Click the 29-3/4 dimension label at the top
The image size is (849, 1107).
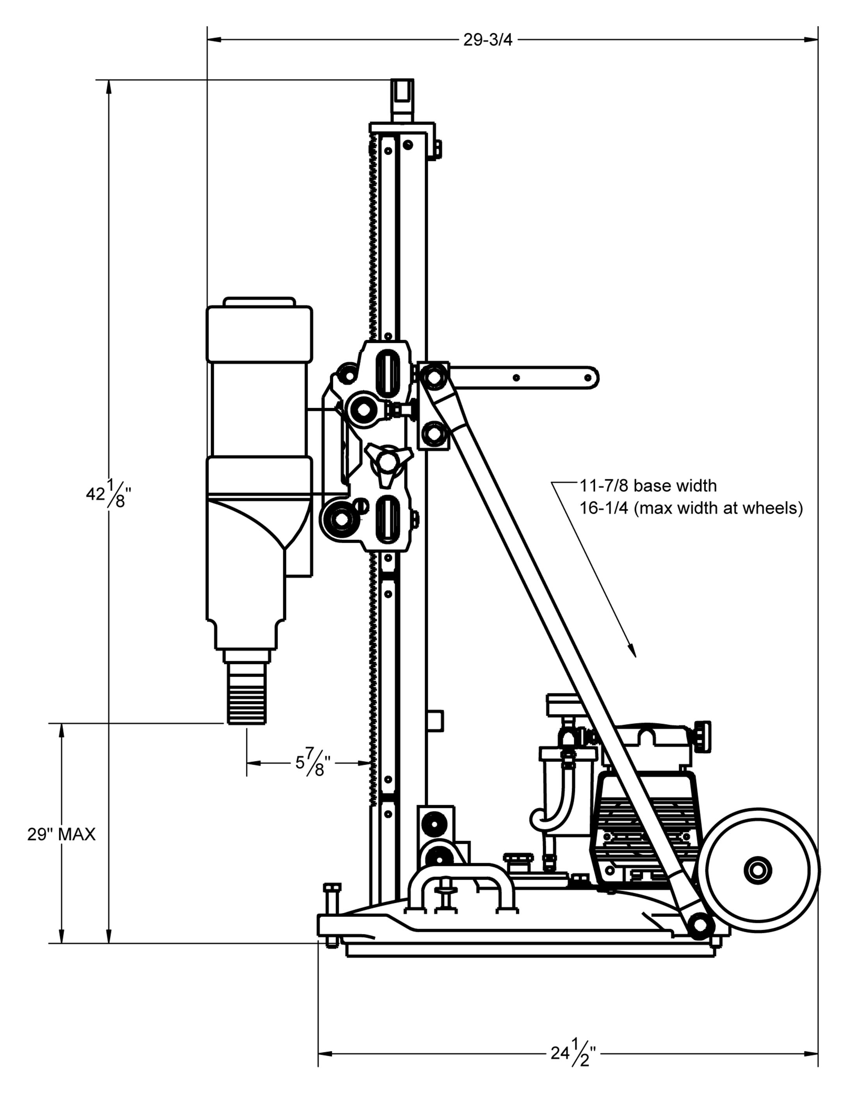[x=488, y=41]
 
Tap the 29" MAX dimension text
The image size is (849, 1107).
[x=61, y=834]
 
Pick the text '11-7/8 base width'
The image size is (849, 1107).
[x=648, y=486]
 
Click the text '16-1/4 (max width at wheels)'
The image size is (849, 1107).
[x=691, y=508]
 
